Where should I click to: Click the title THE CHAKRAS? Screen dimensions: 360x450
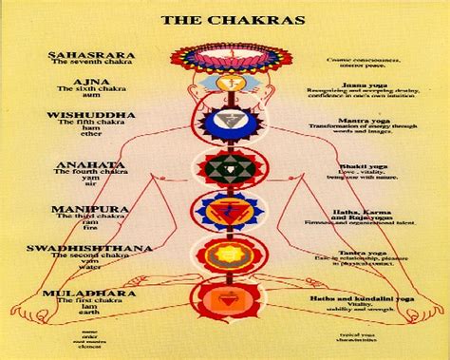point(225,17)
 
